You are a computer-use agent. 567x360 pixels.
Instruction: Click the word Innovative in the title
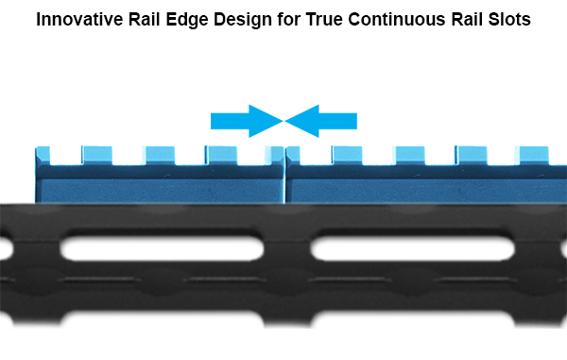79,19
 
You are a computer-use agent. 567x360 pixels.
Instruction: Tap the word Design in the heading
243,20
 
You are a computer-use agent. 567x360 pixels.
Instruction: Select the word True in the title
324,19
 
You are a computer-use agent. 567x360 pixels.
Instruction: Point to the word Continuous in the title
397,19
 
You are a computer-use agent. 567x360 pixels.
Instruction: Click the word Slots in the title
509,19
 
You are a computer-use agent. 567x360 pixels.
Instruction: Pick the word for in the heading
289,19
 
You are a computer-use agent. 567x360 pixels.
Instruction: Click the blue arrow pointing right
247,121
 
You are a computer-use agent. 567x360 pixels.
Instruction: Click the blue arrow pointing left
320,121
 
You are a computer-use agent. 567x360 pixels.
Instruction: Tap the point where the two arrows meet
283,121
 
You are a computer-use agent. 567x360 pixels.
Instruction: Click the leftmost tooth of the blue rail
43,155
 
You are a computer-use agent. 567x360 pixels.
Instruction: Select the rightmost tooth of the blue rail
533,155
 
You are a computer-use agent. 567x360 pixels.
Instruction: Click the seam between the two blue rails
285,176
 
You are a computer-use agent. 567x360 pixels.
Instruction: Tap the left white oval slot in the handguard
162,249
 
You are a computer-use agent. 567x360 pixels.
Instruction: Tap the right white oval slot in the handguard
413,249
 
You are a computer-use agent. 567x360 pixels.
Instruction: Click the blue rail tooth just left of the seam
274,155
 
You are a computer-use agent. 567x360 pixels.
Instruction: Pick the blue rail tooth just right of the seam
293,155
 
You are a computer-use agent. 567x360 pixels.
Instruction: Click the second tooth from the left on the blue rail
97,155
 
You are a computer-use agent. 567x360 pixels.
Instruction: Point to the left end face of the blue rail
36,176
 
